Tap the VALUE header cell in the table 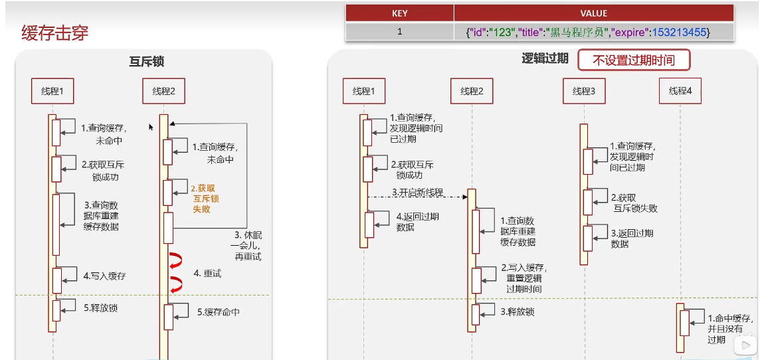593,13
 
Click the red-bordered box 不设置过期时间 633,60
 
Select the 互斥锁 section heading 146,62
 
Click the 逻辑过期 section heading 545,58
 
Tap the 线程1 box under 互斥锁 52,91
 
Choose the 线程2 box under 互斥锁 163,91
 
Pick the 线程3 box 583,91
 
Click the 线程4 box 680,91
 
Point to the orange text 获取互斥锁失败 205,198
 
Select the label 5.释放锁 100,308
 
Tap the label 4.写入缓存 104,276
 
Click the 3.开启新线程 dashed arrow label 417,192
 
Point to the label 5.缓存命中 218,312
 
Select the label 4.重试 207,273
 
